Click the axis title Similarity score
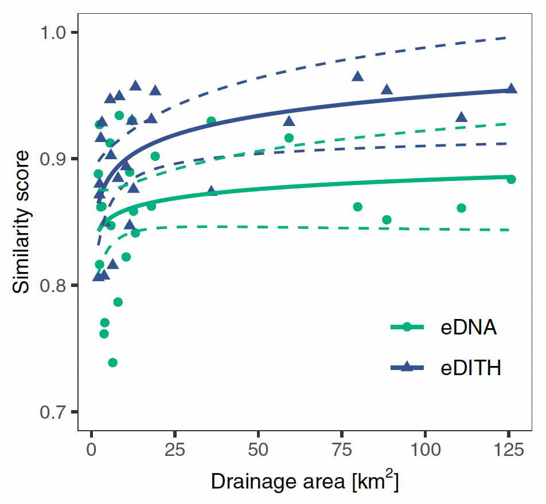(x=22, y=222)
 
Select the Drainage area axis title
(x=305, y=481)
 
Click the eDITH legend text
(x=471, y=368)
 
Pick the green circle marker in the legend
(x=407, y=327)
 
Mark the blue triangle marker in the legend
(x=407, y=368)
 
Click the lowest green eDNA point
(x=112, y=363)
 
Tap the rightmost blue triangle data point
(x=511, y=89)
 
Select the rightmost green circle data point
(x=511, y=180)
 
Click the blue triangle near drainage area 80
(x=358, y=76)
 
